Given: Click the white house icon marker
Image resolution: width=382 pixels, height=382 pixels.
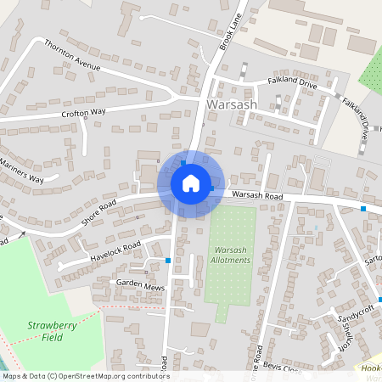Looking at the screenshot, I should click(x=191, y=183).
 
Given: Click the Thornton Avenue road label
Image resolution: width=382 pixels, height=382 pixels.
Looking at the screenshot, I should click(x=72, y=54).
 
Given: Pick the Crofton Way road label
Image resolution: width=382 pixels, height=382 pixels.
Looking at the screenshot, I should click(x=82, y=112).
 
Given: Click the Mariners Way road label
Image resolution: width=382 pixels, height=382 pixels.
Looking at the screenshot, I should click(x=22, y=169).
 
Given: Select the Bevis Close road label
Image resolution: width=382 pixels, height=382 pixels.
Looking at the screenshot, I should click(x=281, y=369).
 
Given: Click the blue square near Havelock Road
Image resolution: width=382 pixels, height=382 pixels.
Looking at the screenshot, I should click(x=169, y=260).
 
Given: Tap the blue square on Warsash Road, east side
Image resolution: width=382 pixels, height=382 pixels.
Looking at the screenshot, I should click(x=363, y=208).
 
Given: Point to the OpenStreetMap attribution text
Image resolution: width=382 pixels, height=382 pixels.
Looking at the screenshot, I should click(x=86, y=376).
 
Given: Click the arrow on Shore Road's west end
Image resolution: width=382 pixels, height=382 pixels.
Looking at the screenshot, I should click(x=22, y=232).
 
